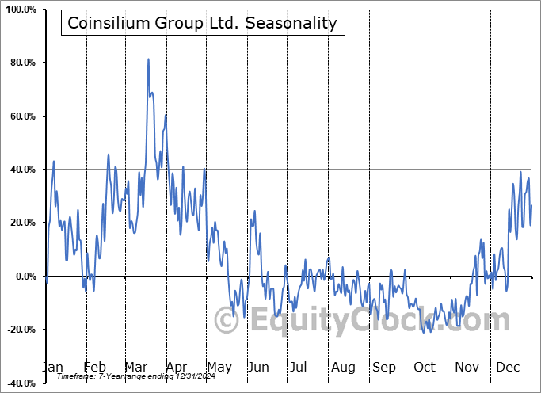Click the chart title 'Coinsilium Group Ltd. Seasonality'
[202, 23]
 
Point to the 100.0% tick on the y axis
[19, 10]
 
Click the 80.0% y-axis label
[21, 63]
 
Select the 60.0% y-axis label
[21, 116]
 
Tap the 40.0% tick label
[21, 170]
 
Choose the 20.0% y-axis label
[21, 223]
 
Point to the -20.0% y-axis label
[19, 330]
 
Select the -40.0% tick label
[19, 383]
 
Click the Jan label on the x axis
[52, 367]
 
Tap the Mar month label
[135, 367]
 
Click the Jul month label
[299, 367]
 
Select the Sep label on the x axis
[384, 367]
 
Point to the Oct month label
[425, 367]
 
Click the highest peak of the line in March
[148, 59]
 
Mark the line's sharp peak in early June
[254, 212]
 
